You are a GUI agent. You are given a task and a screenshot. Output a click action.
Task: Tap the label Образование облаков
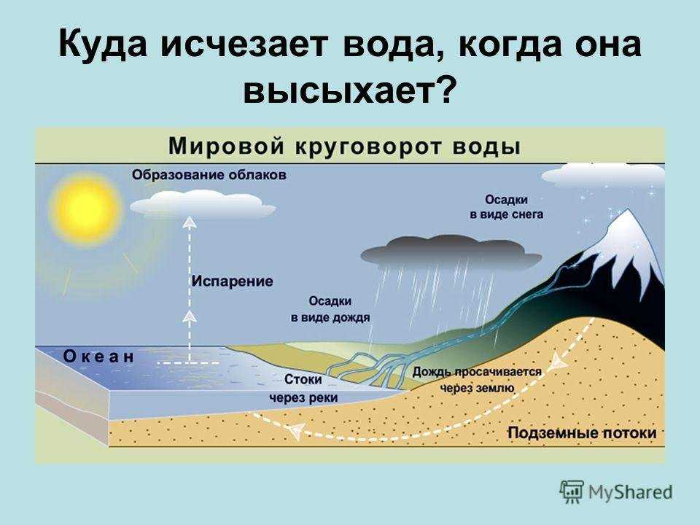(x=209, y=174)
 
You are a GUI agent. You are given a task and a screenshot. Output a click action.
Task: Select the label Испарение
(x=232, y=281)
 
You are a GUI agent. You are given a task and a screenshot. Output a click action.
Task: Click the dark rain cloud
(x=451, y=253)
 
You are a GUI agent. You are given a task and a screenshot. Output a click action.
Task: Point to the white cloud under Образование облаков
(x=202, y=204)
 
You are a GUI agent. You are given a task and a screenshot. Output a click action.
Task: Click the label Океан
(x=98, y=357)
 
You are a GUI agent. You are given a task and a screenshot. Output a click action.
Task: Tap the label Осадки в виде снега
(x=506, y=206)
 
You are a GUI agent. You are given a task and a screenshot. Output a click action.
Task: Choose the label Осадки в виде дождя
(x=330, y=309)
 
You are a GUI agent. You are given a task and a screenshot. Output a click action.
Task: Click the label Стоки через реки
(x=303, y=389)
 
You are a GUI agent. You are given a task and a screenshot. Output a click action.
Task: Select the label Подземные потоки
(x=582, y=432)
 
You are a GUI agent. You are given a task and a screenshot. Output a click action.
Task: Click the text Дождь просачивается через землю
(x=477, y=379)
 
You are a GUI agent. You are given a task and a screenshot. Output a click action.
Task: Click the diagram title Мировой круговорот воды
(x=344, y=147)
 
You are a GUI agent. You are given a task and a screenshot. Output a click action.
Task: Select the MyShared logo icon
(x=572, y=491)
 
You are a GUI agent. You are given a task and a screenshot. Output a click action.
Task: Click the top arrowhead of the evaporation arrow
(x=190, y=222)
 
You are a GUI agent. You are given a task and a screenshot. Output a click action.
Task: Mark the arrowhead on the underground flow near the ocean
(x=295, y=431)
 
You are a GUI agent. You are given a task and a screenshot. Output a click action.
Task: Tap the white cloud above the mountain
(x=604, y=176)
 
